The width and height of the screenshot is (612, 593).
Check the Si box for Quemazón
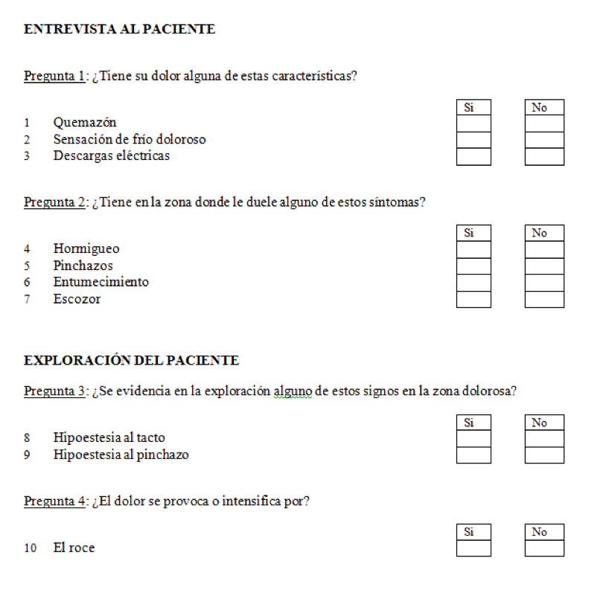[474, 124]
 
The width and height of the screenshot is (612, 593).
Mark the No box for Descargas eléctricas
[544, 157]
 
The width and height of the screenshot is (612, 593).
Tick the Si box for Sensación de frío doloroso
[474, 140]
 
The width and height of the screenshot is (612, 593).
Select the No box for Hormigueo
[544, 249]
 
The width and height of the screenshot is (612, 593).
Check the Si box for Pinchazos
[474, 266]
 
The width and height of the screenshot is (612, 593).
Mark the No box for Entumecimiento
[544, 283]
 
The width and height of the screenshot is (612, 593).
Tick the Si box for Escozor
[474, 299]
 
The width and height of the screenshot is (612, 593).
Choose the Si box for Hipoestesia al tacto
[474, 438]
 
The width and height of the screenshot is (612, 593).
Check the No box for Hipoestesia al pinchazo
[544, 455]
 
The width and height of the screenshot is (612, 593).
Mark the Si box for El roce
[474, 548]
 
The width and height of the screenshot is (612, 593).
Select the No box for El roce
[544, 548]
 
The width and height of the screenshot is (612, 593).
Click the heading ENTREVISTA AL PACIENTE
[119, 30]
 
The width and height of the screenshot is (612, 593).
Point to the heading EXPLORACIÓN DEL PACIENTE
[131, 361]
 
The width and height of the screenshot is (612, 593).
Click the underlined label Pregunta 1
[54, 77]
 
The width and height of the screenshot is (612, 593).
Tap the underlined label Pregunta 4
[54, 501]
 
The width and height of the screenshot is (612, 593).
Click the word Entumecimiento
[101, 282]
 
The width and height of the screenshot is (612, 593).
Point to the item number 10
[31, 548]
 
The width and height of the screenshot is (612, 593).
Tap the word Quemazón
[84, 122]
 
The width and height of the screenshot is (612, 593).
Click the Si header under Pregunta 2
[469, 233]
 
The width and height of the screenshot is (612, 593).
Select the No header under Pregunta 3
[540, 423]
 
